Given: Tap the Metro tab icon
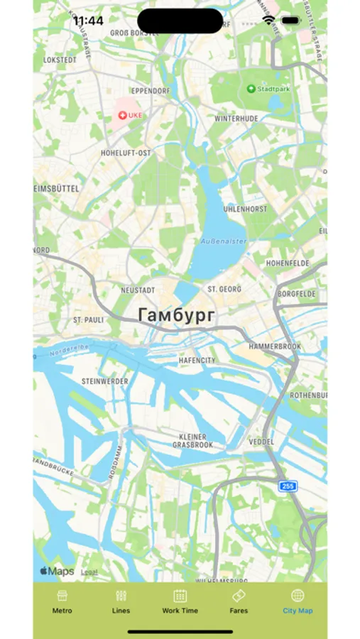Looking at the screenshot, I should (x=62, y=596).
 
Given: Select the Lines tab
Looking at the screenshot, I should (x=121, y=596).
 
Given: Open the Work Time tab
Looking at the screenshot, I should (x=180, y=596).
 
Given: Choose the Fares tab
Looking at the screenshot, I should (x=239, y=596).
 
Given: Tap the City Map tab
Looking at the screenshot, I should (x=298, y=596).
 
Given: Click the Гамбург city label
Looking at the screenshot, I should (x=175, y=315).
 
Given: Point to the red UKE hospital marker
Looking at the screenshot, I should (x=121, y=114).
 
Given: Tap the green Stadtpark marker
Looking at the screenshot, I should (x=251, y=89).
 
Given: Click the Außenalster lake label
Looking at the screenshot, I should (x=224, y=241).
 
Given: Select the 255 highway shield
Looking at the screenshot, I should (x=288, y=486).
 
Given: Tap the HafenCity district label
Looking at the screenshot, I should (x=197, y=361).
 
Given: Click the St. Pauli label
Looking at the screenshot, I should (x=89, y=320).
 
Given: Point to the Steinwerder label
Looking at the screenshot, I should (x=105, y=381).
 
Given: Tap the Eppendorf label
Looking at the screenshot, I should (x=148, y=92).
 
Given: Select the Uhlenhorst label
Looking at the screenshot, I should (x=244, y=209).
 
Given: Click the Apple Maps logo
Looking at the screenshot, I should (x=57, y=572).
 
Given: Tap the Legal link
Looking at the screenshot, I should (x=89, y=572).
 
